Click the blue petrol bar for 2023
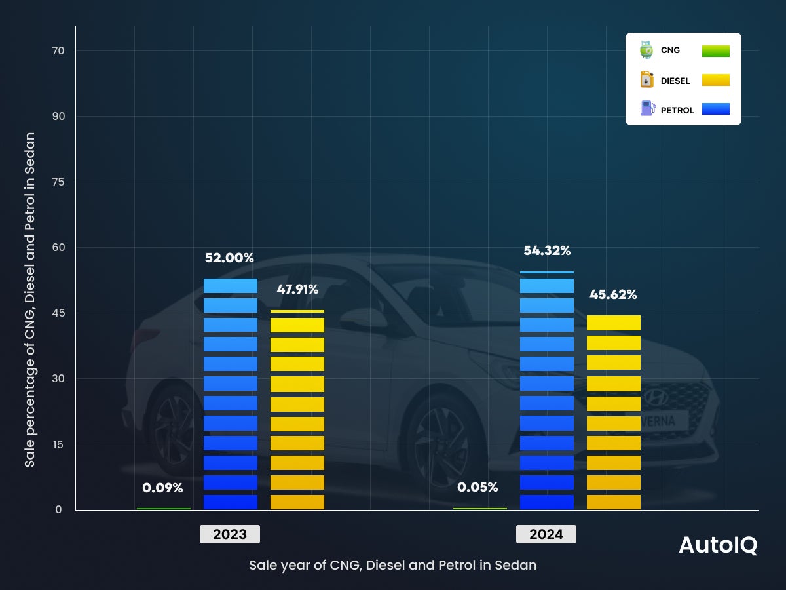point(231,393)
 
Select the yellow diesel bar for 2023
point(297,410)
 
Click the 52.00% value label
point(229,258)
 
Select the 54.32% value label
point(547,251)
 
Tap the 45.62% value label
point(613,295)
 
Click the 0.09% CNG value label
point(162,488)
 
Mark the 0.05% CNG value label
point(477,488)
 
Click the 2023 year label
point(230,534)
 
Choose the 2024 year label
point(546,534)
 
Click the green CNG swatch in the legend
point(715,51)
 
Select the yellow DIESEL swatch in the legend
point(715,80)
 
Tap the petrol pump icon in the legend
point(647,109)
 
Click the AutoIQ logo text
point(718,545)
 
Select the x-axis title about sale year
point(392,565)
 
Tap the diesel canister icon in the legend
point(647,80)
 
